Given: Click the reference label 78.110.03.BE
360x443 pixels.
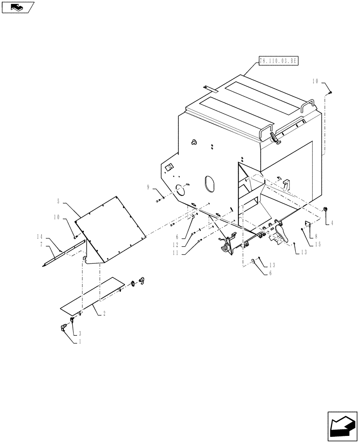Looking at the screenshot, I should pyautogui.click(x=278, y=61).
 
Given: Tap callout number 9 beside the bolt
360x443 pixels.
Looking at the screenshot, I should pyautogui.click(x=148, y=188).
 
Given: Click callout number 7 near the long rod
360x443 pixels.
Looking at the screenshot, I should pyautogui.click(x=41, y=244).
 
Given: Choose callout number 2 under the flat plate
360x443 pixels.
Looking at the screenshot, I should pyautogui.click(x=104, y=313).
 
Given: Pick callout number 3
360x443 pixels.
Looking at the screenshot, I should pyautogui.click(x=79, y=333).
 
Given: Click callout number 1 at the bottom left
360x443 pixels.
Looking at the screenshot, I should pyautogui.click(x=79, y=342).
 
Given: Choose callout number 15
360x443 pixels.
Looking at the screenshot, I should pyautogui.click(x=318, y=244).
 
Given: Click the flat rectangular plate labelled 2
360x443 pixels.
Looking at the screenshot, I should pyautogui.click(x=91, y=293).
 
